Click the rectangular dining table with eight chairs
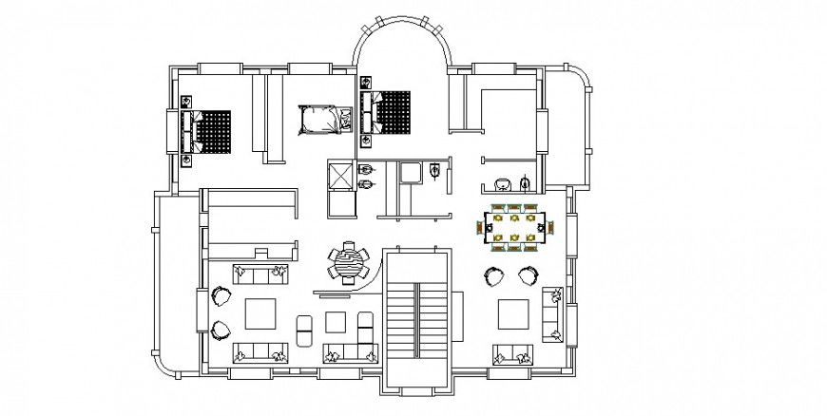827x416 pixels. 513,228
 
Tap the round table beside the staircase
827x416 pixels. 349,262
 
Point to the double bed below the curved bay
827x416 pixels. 390,112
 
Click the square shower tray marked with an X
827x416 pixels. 338,176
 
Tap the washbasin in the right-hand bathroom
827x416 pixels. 503,182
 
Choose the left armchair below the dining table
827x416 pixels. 494,276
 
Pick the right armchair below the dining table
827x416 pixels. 528,276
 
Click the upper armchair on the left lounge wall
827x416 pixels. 221,296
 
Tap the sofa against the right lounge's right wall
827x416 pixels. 553,315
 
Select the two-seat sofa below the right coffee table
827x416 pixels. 512,355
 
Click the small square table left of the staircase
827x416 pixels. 335,319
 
